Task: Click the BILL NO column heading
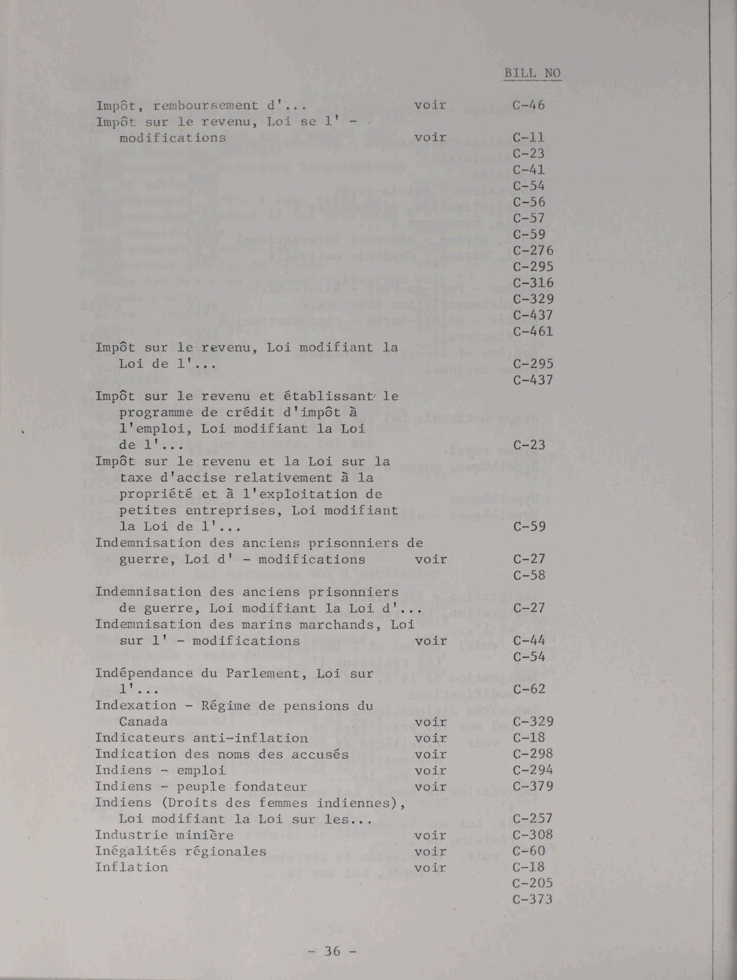532,73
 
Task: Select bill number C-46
529,105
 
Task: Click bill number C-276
533,251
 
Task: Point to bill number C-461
533,331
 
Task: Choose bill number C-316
533,283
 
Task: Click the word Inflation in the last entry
132,867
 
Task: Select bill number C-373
533,899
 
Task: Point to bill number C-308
533,835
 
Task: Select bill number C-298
533,754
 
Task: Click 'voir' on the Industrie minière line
430,835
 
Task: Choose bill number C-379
533,786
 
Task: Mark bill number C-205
533,883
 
